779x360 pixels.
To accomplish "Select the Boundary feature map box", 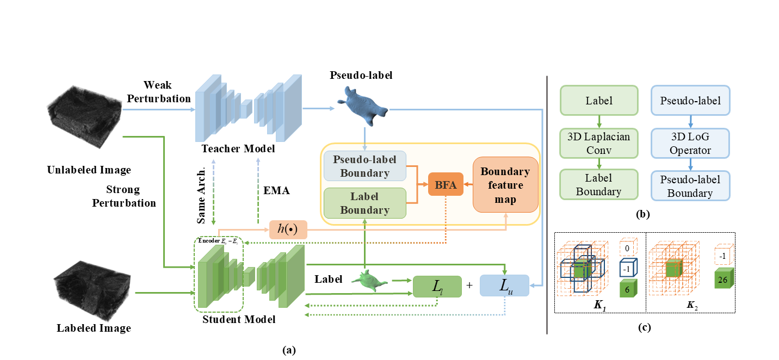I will [505, 184].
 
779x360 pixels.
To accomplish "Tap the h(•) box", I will [288, 230].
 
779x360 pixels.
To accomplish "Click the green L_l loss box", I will [437, 286].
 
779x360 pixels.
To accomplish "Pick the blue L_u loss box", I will [504, 286].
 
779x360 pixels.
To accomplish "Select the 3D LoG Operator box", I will [690, 142].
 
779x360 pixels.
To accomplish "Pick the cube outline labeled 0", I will [628, 249].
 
